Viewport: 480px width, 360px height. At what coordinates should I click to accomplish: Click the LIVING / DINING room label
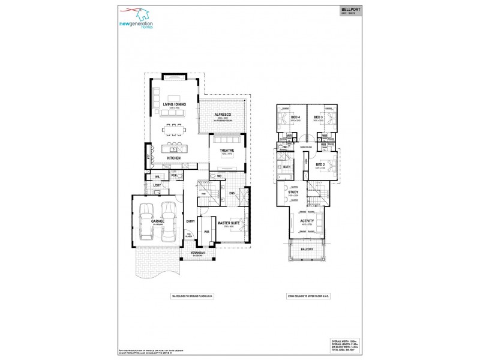click(172, 105)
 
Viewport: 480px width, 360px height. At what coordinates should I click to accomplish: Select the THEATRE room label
click(226, 151)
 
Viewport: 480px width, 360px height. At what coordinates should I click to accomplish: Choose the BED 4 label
click(295, 118)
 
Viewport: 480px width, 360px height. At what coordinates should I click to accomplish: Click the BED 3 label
click(319, 118)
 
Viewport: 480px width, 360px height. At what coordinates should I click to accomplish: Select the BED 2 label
click(320, 164)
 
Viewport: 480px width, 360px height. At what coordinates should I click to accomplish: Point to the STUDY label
click(294, 193)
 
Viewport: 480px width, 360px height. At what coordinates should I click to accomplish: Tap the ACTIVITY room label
click(307, 221)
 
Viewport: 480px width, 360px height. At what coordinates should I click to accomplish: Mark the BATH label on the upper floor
click(287, 167)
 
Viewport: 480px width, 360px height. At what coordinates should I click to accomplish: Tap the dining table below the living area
click(175, 129)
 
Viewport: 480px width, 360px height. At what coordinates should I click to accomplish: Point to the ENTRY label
click(190, 221)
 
